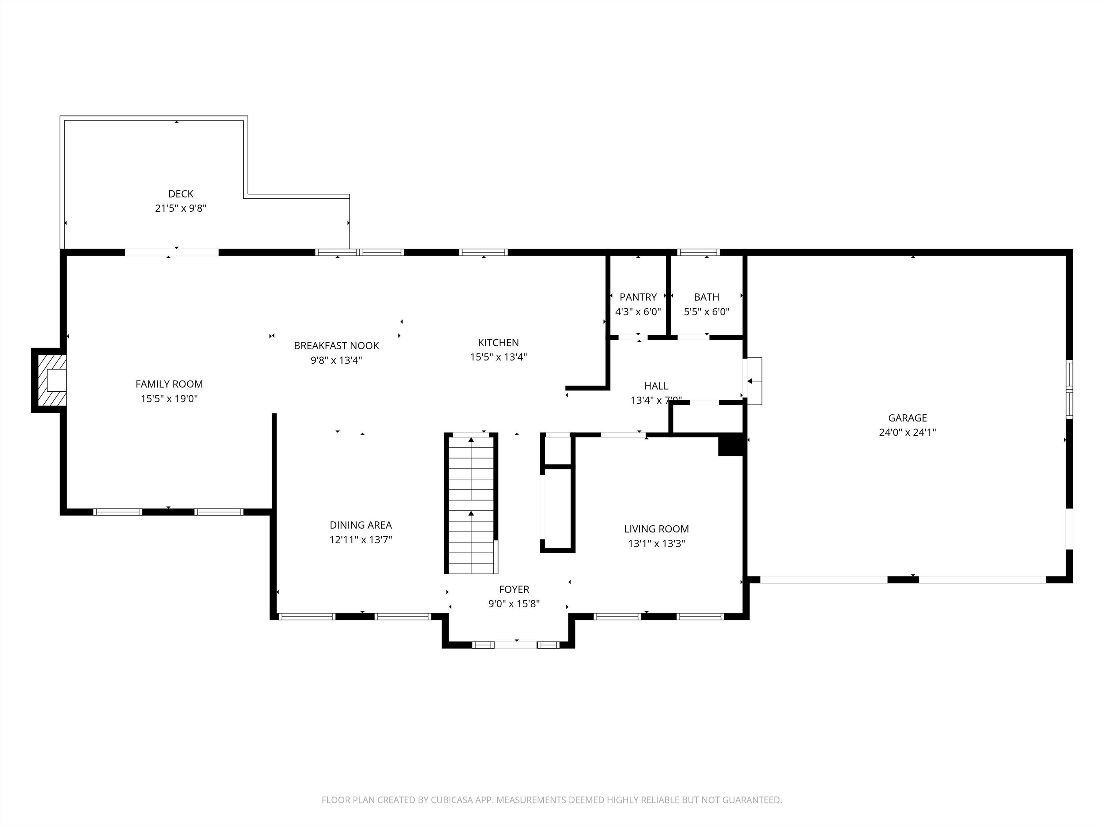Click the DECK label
(x=181, y=194)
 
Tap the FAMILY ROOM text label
(x=169, y=384)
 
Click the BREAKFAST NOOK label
(x=336, y=345)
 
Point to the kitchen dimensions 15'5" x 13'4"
(x=498, y=357)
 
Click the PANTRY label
(x=638, y=297)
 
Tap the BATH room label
(x=706, y=297)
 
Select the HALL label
(x=656, y=386)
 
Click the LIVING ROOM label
(x=656, y=529)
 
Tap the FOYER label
(x=514, y=589)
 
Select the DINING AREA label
(x=360, y=525)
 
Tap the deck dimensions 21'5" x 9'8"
(x=181, y=208)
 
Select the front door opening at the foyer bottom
(x=516, y=645)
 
